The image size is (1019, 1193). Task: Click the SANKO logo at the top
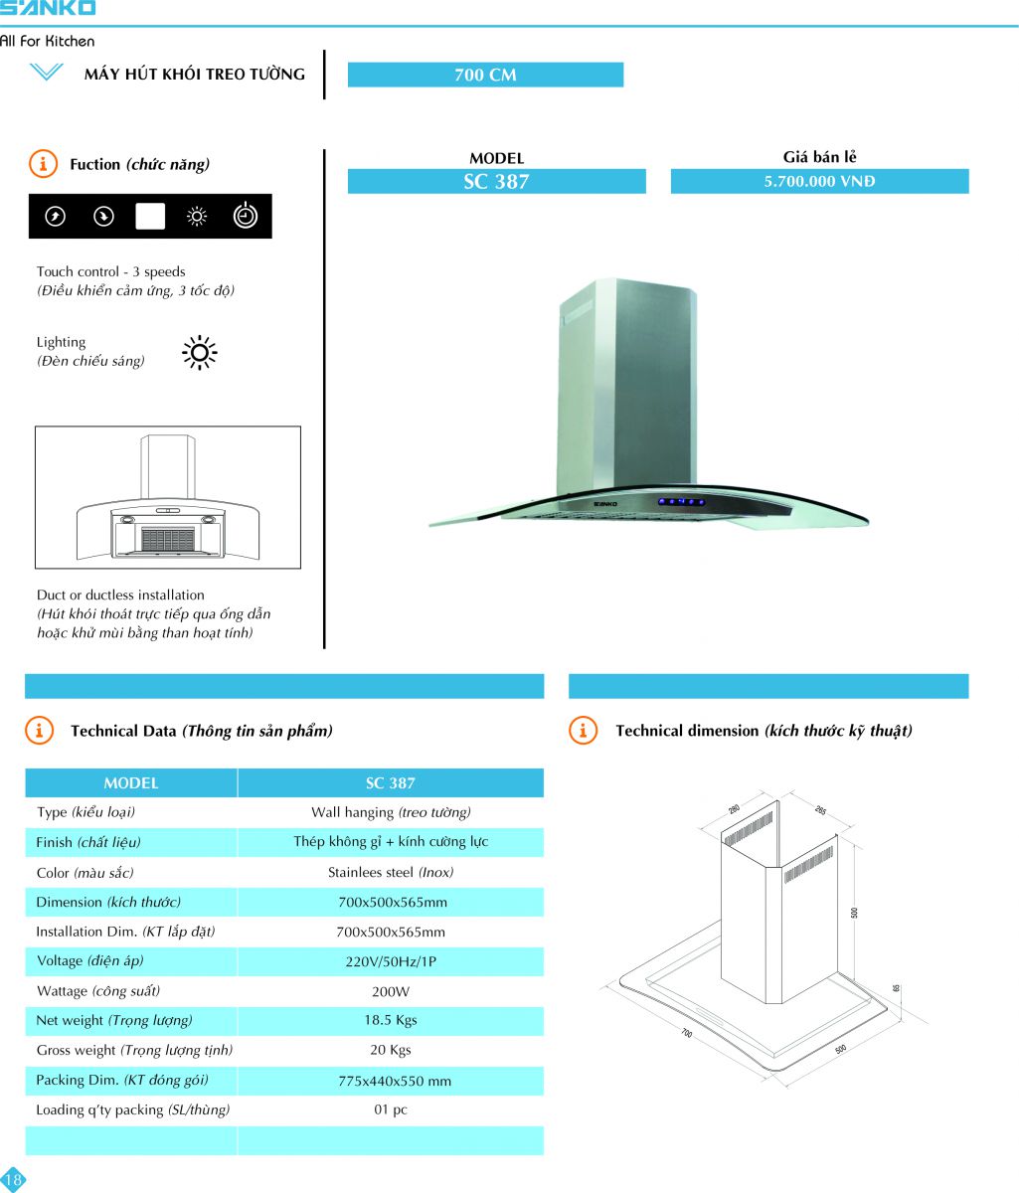click(48, 8)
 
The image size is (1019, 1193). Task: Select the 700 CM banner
click(485, 75)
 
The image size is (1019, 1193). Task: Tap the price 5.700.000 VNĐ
click(819, 181)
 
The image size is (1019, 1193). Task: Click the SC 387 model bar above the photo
click(496, 181)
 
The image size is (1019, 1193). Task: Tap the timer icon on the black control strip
click(245, 216)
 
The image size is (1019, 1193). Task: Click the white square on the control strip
click(150, 216)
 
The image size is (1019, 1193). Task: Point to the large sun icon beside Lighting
click(200, 352)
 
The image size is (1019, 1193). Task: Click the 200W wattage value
click(391, 991)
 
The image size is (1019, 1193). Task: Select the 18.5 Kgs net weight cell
click(391, 1020)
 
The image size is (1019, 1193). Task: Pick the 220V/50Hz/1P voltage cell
click(391, 961)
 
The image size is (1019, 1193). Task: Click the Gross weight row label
click(134, 1050)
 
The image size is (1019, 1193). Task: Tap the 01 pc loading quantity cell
click(391, 1109)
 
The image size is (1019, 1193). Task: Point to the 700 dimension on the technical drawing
click(686, 1034)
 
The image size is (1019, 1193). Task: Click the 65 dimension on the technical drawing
click(896, 988)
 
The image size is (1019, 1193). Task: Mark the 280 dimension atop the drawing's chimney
click(734, 809)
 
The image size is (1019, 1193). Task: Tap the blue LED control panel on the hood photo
click(684, 501)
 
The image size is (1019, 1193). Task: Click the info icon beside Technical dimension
click(583, 731)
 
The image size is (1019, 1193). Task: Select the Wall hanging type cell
click(391, 812)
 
